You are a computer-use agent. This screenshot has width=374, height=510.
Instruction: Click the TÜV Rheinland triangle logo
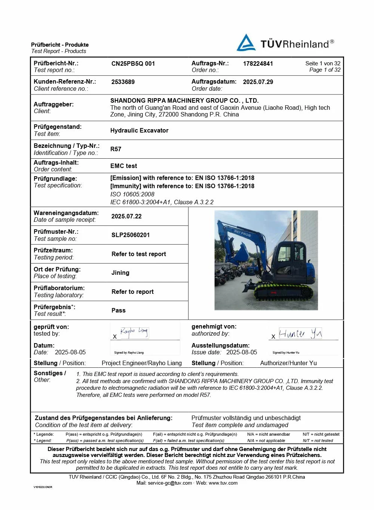[x=246, y=43]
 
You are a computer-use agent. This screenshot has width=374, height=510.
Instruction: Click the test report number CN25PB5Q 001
[x=133, y=63]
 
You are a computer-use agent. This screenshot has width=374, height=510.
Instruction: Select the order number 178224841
[x=258, y=63]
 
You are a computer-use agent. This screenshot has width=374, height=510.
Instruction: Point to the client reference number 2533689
[x=123, y=82]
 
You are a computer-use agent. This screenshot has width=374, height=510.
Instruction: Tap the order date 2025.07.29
[x=258, y=82]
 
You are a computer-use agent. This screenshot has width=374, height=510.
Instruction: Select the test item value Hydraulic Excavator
[x=139, y=130]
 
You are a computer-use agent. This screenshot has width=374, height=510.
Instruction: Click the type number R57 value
[x=116, y=149]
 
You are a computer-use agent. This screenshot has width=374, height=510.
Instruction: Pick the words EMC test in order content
[x=123, y=166]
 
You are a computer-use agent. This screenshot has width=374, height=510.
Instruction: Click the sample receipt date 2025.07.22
[x=126, y=216]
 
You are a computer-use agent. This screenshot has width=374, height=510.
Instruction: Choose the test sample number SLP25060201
[x=130, y=235]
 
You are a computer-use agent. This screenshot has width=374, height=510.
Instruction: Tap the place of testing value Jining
[x=120, y=273]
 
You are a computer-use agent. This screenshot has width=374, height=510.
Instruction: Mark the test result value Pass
[x=118, y=310]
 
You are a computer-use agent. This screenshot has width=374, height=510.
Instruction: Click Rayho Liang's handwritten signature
[x=134, y=332]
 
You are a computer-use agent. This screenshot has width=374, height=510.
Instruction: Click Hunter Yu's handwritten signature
[x=300, y=333]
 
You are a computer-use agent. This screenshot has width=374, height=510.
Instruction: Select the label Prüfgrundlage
[x=55, y=178]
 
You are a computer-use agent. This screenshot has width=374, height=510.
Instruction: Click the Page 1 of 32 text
[x=325, y=70]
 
